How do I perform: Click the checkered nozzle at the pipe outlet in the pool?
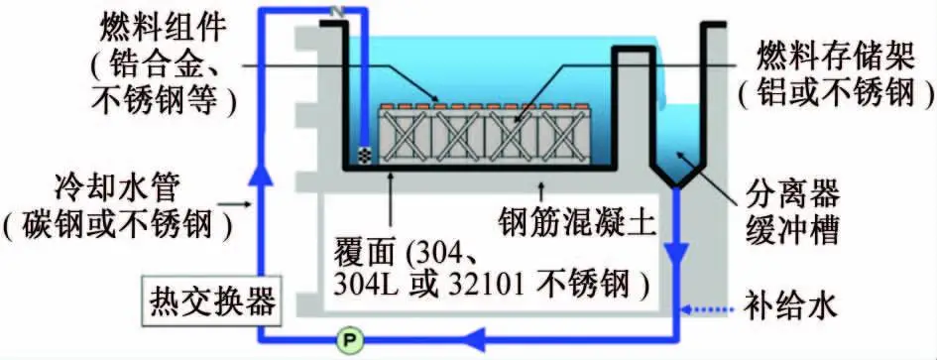365,156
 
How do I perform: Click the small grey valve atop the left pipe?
336,13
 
